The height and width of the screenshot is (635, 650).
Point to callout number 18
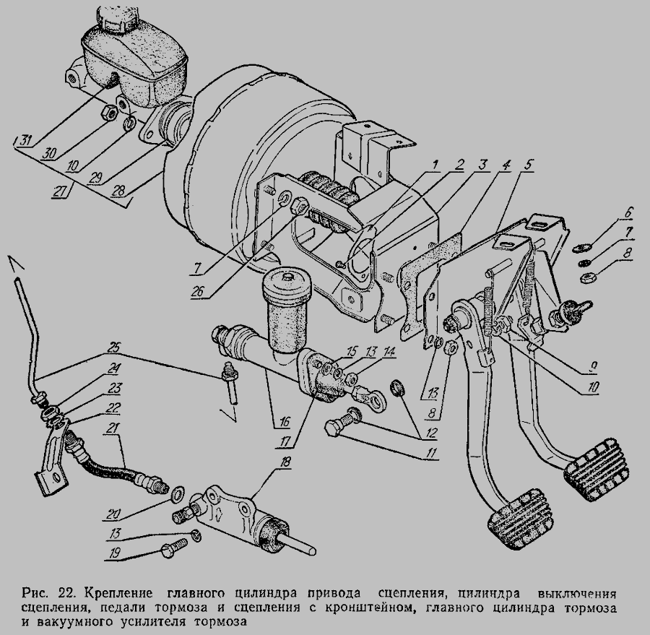[285, 462]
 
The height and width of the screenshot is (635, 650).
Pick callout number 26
[198, 292]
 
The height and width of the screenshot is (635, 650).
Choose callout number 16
[284, 422]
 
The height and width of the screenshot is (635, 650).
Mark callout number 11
[431, 453]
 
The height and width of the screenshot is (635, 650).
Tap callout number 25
[113, 347]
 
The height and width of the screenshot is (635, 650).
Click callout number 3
[481, 165]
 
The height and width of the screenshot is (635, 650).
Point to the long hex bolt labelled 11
[342, 420]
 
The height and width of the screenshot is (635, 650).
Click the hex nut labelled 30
[110, 112]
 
